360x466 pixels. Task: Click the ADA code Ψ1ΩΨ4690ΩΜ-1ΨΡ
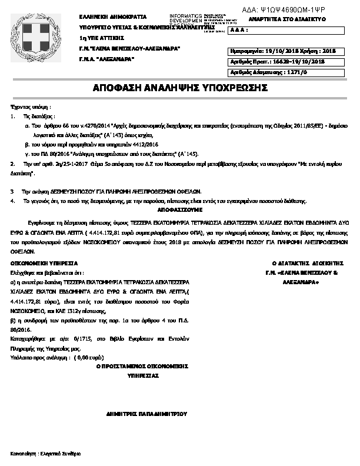pyautogui.click(x=292, y=10)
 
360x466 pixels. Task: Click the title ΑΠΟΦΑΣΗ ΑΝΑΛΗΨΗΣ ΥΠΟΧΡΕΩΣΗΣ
pyautogui.click(x=180, y=88)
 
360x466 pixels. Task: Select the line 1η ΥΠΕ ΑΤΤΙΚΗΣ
pyautogui.click(x=98, y=38)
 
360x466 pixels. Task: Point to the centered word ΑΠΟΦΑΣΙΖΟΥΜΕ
pyautogui.click(x=179, y=209)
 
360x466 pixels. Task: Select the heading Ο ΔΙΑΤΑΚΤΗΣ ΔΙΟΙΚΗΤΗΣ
pyautogui.click(x=298, y=263)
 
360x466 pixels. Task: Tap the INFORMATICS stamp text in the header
pyautogui.click(x=185, y=15)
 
